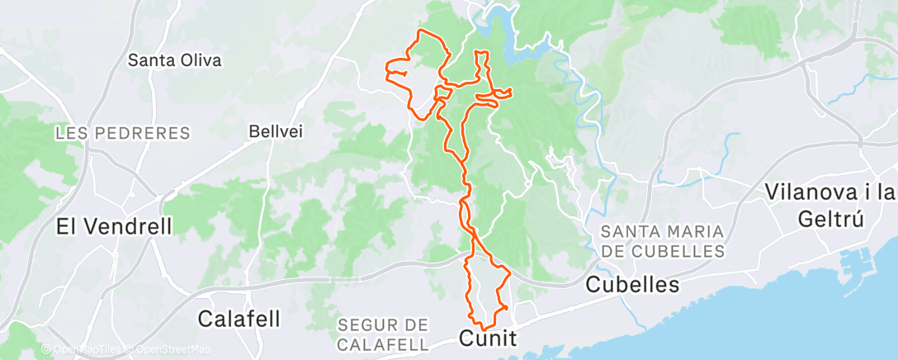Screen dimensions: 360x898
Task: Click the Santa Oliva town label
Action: (x=176, y=60)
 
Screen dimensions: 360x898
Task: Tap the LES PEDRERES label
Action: (x=122, y=133)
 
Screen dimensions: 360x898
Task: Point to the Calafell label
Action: (x=239, y=318)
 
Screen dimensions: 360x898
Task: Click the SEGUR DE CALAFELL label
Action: (x=383, y=334)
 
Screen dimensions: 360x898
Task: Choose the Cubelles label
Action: (x=632, y=285)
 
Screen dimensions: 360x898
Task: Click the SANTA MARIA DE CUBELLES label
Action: (x=663, y=240)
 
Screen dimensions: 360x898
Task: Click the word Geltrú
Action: (x=829, y=219)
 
